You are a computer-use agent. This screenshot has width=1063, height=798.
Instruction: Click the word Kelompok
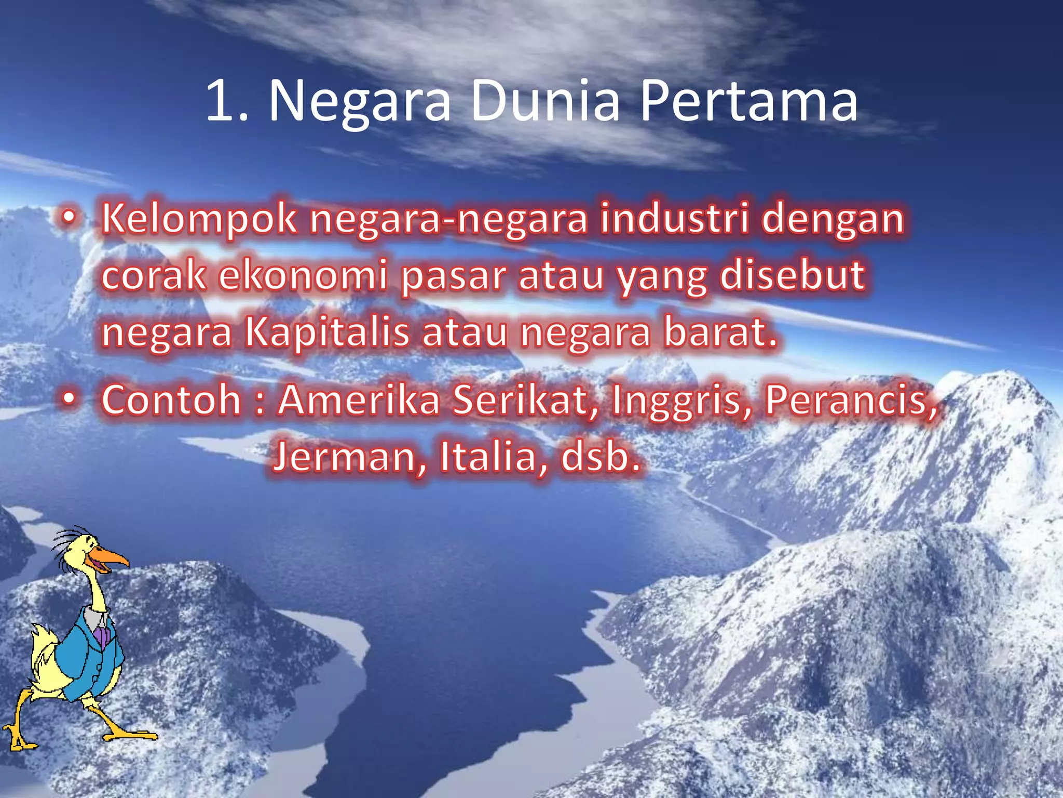(199, 219)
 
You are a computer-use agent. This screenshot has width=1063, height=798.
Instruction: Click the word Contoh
(171, 400)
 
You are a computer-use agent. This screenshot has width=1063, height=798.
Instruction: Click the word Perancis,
(852, 401)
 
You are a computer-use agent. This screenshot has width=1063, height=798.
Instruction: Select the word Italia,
(494, 457)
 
